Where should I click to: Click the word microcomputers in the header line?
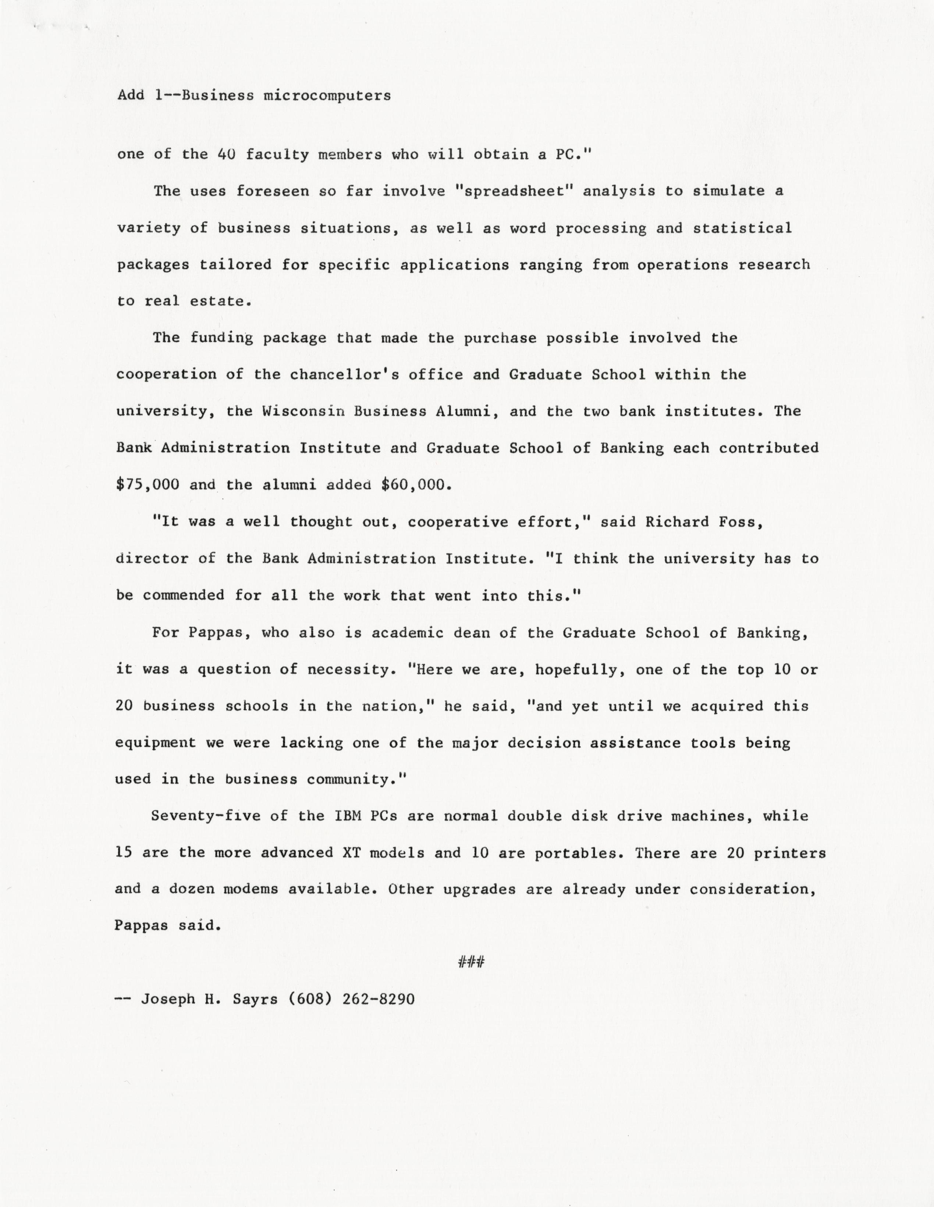tap(327, 96)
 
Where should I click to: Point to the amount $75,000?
tap(148, 485)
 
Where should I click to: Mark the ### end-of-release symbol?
tap(471, 963)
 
